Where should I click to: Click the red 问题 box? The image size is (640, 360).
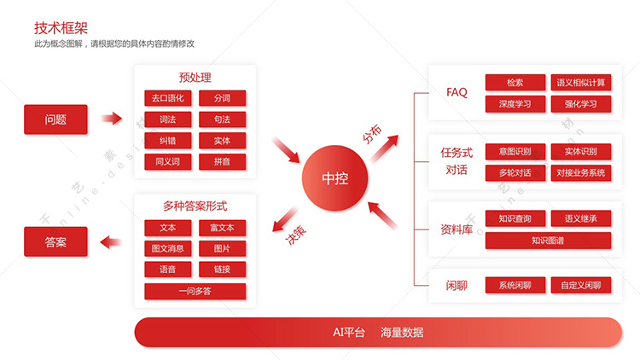point(55,119)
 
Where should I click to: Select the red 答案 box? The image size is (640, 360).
point(55,241)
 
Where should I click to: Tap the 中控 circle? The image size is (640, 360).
point(335,178)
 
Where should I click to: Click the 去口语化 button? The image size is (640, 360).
point(168,98)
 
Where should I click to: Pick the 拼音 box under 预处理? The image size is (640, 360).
point(223,161)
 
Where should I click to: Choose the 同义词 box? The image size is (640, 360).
point(168,161)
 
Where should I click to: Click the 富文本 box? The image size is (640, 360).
point(223,228)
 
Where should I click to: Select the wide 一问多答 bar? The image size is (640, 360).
point(195,292)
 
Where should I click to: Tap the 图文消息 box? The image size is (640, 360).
point(168,248)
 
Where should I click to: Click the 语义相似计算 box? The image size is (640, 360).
point(581,83)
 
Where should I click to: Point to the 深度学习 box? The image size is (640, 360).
point(515,104)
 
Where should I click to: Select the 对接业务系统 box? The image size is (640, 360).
point(581,173)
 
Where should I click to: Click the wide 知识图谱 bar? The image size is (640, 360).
point(548,241)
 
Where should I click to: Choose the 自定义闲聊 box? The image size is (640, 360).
point(581,285)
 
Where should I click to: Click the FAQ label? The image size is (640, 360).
point(457,92)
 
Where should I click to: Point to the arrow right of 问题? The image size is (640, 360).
point(112,119)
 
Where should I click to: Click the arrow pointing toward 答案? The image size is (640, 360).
point(111,242)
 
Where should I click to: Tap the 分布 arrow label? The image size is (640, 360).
point(372,134)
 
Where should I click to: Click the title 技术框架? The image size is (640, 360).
point(61,28)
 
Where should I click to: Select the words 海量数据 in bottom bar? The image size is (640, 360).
point(402,332)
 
